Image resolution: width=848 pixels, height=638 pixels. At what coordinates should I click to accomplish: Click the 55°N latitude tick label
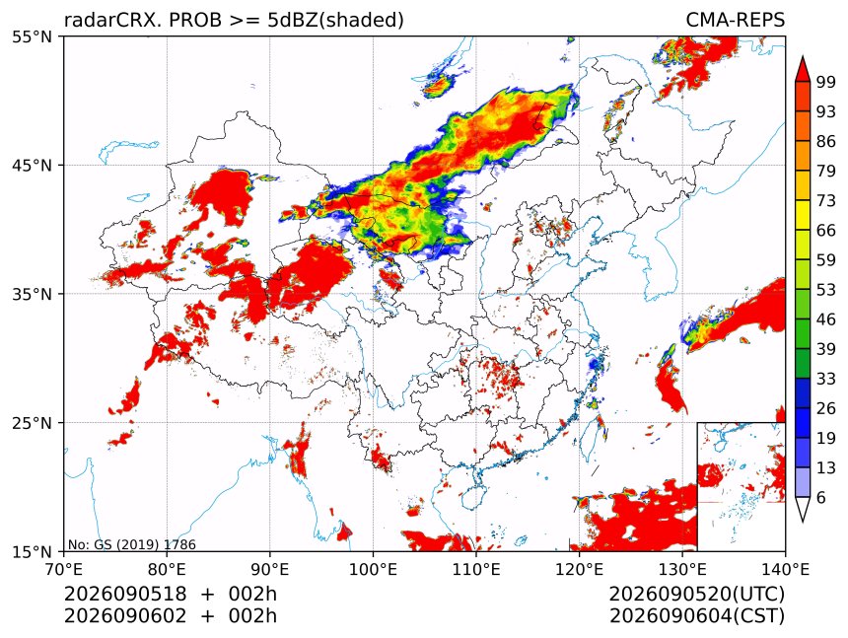tap(32, 36)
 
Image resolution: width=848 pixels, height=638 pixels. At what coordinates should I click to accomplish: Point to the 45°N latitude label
tap(32, 165)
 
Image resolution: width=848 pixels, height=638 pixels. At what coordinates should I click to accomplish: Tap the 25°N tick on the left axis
tap(32, 423)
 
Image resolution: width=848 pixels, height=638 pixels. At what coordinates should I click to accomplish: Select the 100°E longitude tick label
tap(373, 569)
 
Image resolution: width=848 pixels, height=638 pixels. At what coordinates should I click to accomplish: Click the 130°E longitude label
tap(682, 569)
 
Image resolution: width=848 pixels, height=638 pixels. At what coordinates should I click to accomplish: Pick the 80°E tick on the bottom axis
tap(167, 569)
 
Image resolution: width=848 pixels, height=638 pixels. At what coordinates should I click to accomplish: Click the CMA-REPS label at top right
tap(735, 20)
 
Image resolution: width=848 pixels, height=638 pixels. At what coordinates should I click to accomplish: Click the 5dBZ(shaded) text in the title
tap(335, 21)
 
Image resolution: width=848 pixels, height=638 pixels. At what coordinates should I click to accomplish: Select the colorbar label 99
tap(826, 82)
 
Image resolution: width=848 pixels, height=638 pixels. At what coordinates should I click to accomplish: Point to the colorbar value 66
tap(826, 231)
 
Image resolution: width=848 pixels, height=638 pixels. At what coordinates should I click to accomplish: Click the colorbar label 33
tap(826, 379)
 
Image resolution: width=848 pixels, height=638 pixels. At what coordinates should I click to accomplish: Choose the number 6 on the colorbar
tap(821, 497)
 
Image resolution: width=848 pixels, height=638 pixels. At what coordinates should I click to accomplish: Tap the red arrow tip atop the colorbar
tap(803, 56)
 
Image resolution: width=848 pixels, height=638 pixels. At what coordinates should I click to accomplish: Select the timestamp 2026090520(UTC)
tap(696, 594)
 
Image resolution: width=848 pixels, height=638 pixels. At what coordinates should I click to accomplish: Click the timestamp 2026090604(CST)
tap(696, 616)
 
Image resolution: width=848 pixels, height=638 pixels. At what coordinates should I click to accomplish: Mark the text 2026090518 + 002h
tap(171, 594)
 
